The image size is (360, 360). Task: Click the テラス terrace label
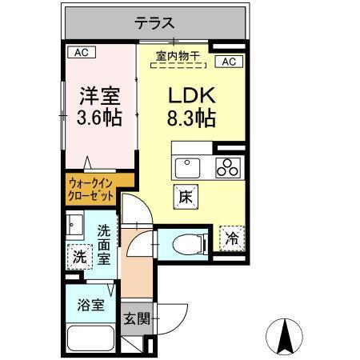point(154,23)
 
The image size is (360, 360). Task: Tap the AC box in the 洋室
point(81,53)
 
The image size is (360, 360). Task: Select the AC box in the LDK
point(227,62)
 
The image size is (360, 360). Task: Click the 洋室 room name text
point(98,97)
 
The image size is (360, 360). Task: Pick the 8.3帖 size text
point(192,121)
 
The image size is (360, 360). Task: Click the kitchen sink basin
point(189,167)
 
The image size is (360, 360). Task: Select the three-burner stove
point(228,168)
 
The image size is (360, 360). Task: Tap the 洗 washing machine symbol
point(78,258)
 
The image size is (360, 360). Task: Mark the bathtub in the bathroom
point(90,339)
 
